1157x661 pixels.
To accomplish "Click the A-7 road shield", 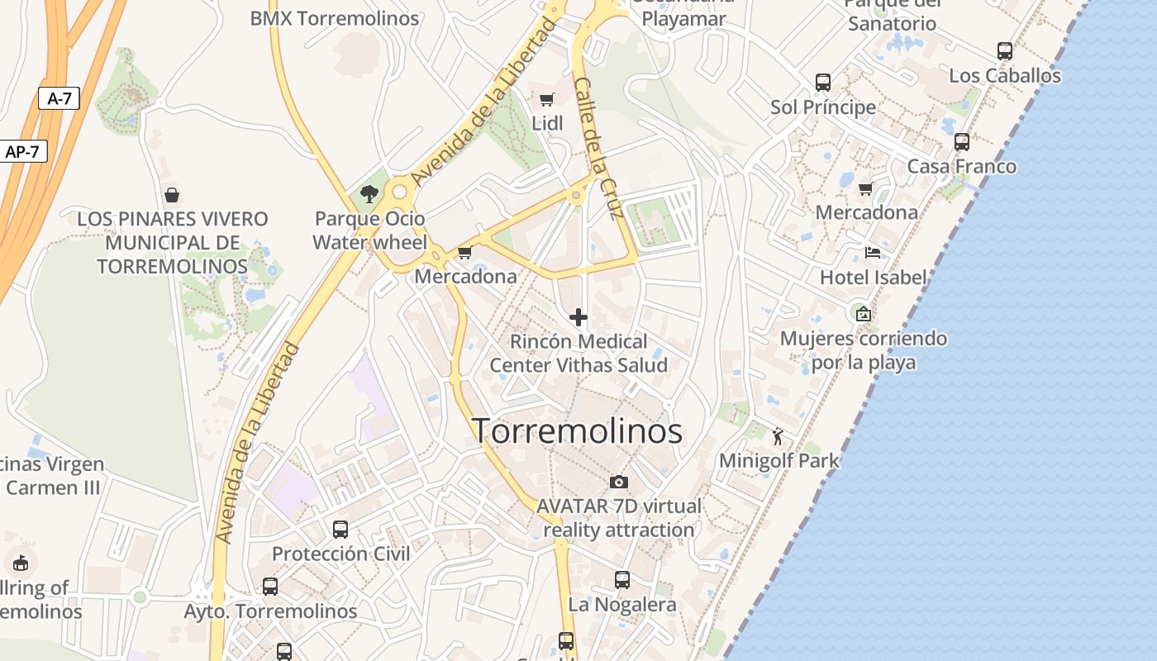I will click(x=59, y=99).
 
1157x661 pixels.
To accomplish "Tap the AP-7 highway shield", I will click(x=22, y=152).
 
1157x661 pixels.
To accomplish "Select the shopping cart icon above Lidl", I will click(x=546, y=100).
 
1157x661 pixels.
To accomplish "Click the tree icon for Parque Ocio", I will click(x=369, y=194).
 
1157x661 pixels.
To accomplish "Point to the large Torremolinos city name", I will click(x=577, y=431).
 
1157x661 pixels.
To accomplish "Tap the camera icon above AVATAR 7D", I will click(x=618, y=482).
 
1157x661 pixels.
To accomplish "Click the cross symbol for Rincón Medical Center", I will click(x=578, y=317).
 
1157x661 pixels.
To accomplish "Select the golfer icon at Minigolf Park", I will click(x=778, y=435).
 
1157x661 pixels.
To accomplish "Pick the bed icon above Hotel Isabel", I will click(x=873, y=253).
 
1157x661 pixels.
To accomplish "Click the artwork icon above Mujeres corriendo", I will click(x=864, y=314).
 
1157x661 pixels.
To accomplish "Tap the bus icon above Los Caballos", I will click(x=1005, y=51).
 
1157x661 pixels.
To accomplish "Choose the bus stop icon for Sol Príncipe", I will click(x=823, y=83).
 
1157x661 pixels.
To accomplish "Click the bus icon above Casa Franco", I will click(x=962, y=142).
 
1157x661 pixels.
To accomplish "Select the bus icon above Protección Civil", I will click(x=340, y=530).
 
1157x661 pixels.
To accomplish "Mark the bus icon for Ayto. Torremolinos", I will click(x=270, y=587).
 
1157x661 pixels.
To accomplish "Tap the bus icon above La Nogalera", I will click(x=622, y=580).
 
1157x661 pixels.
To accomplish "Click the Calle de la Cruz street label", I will click(x=598, y=149).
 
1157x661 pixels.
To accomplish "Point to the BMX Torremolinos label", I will click(x=335, y=18).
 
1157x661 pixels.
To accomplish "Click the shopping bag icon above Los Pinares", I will click(x=172, y=195).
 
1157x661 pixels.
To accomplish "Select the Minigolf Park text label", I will click(x=779, y=460).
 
